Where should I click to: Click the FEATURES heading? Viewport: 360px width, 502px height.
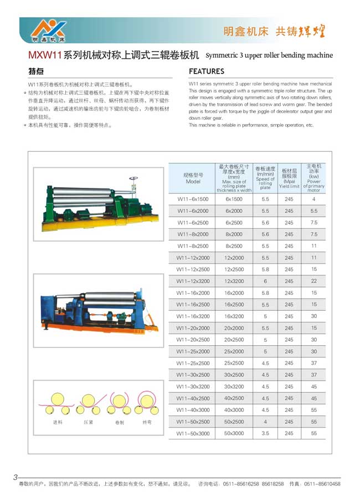[207, 71]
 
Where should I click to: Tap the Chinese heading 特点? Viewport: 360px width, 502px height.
[37, 71]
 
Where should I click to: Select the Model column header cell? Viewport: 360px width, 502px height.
[193, 178]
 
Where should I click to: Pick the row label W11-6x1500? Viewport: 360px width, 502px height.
[193, 199]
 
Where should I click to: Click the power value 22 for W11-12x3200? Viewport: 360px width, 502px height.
[314, 281]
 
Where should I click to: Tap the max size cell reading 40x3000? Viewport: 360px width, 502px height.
[234, 410]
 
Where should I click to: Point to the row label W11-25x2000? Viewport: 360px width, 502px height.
[193, 351]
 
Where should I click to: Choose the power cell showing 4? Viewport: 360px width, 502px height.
[314, 199]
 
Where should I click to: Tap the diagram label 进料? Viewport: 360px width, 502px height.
[58, 422]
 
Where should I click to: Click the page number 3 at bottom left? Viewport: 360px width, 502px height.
[16, 477]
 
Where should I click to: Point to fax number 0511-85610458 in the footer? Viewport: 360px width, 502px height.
[322, 484]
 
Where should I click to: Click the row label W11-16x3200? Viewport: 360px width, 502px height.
[193, 316]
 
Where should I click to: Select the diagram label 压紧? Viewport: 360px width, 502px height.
[88, 422]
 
